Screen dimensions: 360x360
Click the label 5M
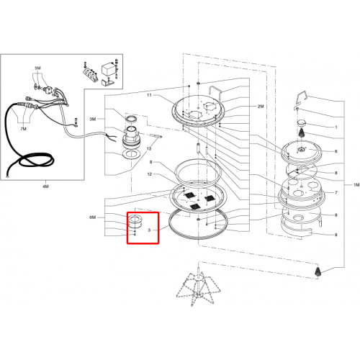point(37,68)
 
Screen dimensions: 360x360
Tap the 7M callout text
point(23,129)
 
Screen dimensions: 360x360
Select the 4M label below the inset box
point(45,186)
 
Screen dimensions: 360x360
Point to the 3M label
point(93,119)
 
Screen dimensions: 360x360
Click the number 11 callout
point(149,95)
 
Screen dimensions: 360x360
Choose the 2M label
point(261,107)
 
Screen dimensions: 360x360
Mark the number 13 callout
point(149,149)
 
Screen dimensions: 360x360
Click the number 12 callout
point(150,174)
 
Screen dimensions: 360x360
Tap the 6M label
point(93,217)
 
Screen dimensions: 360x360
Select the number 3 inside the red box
point(149,230)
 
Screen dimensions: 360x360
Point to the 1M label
point(356,185)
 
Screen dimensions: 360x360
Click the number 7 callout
point(336,192)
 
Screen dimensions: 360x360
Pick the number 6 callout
point(336,151)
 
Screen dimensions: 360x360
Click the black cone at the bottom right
point(318,271)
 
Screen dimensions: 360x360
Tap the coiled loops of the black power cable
point(36,161)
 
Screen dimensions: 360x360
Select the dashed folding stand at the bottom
point(198,286)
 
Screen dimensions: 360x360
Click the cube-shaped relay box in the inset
point(108,69)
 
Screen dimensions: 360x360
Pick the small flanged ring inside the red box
point(135,222)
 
